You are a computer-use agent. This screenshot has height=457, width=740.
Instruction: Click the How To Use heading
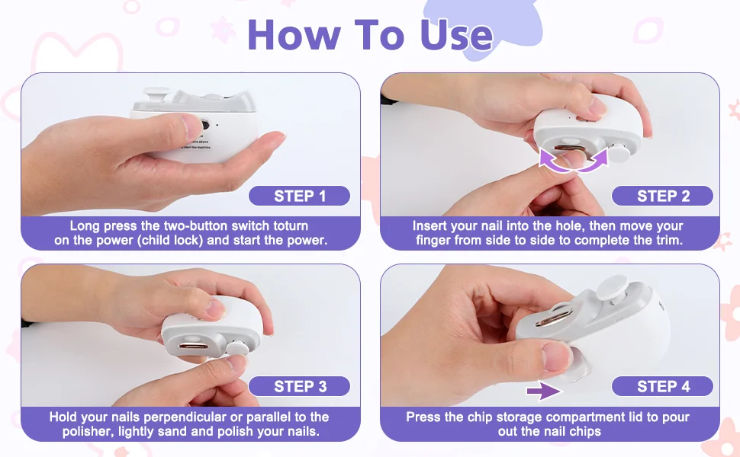pos(370,34)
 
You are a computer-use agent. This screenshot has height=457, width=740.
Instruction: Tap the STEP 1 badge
pos(299,196)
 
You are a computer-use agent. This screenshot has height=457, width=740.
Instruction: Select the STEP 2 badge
pos(662,196)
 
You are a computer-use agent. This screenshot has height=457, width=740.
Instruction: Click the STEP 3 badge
pos(299,386)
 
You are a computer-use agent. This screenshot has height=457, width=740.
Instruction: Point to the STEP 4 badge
pos(662,386)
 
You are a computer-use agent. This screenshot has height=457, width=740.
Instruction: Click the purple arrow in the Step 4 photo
pos(544,391)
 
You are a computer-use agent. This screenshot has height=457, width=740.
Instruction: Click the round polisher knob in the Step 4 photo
pos(612,287)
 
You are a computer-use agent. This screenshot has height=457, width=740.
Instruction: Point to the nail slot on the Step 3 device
pos(194,347)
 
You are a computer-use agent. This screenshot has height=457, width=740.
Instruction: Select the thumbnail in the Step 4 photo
pos(557,356)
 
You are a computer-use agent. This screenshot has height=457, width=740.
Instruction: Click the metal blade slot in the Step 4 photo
pos(555,316)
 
